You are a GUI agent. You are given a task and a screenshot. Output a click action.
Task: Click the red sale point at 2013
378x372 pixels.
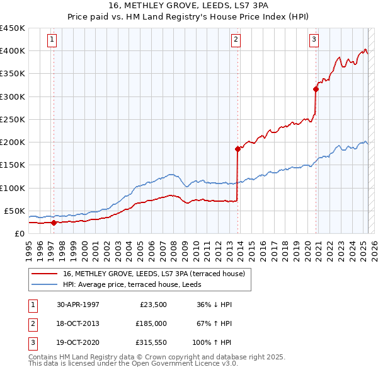click(238, 149)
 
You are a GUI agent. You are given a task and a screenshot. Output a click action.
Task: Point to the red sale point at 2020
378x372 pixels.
click(316, 89)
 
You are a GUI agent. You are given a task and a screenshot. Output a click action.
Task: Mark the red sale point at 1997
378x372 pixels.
click(54, 223)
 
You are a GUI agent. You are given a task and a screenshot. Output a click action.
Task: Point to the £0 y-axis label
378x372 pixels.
click(19, 233)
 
